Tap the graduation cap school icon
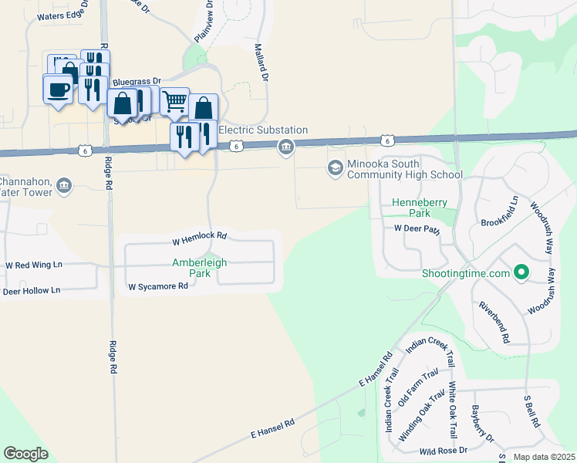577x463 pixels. (x=335, y=167)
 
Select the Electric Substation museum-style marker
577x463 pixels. (x=286, y=147)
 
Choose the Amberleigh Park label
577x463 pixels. (x=199, y=268)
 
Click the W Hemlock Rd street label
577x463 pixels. (x=199, y=235)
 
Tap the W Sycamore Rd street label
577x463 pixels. (x=158, y=286)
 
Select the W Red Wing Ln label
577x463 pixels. (x=33, y=265)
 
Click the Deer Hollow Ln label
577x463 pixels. (x=31, y=291)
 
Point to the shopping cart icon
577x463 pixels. (x=175, y=100)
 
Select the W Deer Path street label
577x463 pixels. (x=417, y=228)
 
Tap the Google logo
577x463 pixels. (x=25, y=454)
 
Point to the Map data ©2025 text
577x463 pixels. (x=543, y=457)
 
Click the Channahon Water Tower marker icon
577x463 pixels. (x=63, y=184)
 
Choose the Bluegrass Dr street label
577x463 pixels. (x=136, y=81)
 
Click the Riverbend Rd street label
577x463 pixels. (x=494, y=323)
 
